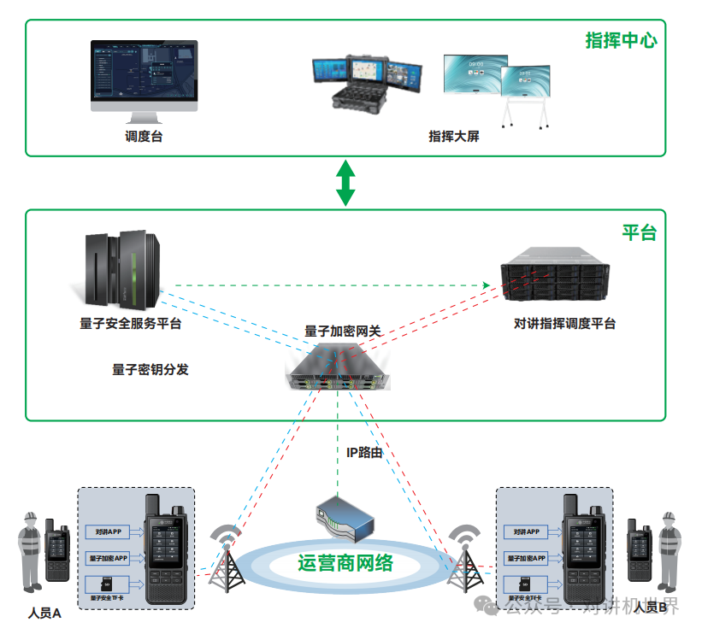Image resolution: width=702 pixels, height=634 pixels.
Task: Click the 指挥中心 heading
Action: coord(620,40)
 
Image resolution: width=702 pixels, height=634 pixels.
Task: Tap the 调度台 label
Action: coord(144,136)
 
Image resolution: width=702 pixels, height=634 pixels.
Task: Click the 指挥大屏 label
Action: coord(453,136)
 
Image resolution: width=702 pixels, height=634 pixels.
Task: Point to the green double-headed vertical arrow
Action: coord(345,182)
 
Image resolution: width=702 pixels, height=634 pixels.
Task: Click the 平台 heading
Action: coord(639,232)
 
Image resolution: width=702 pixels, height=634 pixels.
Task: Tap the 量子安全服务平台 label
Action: coord(130,324)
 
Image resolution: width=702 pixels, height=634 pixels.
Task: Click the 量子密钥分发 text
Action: coord(150,369)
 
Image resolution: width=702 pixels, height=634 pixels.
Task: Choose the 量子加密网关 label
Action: coord(343,331)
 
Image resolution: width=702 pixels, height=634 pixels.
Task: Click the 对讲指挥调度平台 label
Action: coord(564,324)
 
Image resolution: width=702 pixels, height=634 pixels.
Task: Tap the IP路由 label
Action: coord(364,452)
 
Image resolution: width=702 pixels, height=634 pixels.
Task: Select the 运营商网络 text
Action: coord(345,563)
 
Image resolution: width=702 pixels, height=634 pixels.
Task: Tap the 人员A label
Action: coord(44,613)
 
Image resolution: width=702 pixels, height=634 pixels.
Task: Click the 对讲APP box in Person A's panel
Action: coord(108,531)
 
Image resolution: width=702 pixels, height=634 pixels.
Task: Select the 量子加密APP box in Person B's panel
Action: coord(527,559)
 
